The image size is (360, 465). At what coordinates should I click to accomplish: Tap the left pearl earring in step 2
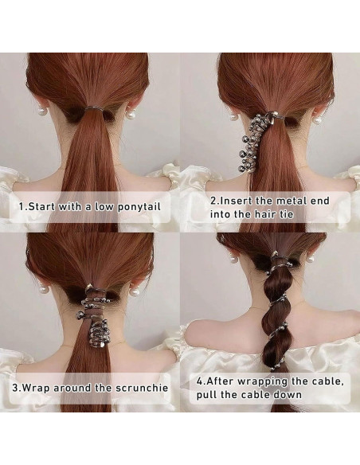click(234, 117)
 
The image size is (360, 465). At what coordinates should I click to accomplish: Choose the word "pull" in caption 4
click(209, 396)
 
